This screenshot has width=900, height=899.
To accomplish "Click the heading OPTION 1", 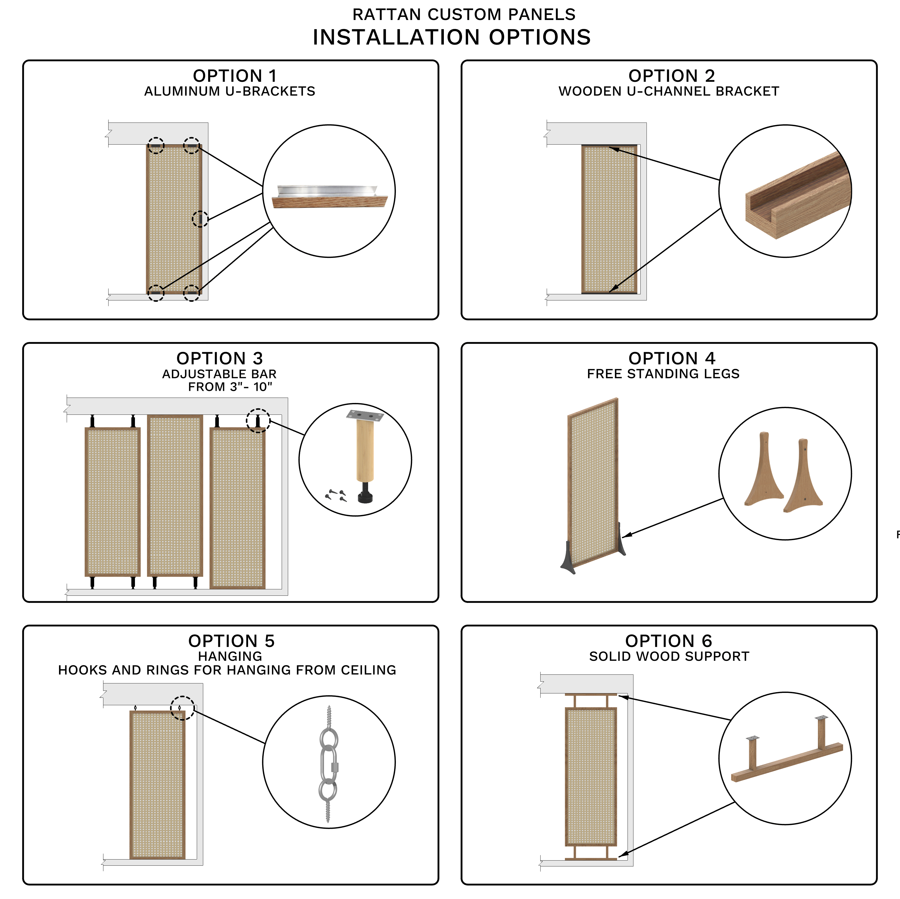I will pos(235,75).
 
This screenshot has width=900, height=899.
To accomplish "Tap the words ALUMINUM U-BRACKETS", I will pos(230,91).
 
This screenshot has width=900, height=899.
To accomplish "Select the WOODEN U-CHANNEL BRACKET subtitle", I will pos(669,91).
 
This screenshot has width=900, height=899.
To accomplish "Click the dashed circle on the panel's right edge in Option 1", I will pos(200,219).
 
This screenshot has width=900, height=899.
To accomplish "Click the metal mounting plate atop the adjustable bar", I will pos(365,415).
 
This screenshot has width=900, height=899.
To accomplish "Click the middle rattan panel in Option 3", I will pos(175,496).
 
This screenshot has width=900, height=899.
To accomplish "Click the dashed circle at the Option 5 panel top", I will pos(182,708).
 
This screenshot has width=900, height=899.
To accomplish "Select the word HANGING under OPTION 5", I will pos(230,656).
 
